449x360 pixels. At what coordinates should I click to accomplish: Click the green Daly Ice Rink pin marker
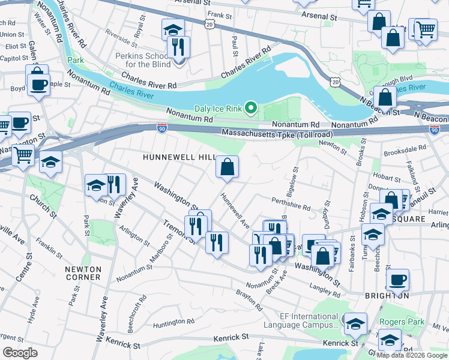tap(253, 109)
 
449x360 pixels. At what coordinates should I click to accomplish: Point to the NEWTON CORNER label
tap(83, 273)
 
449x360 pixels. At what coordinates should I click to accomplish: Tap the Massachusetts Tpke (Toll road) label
tap(277, 133)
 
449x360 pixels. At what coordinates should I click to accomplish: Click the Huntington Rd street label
tap(173, 322)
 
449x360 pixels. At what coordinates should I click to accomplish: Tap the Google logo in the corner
tap(20, 352)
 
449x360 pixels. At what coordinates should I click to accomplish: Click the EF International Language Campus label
tap(309, 321)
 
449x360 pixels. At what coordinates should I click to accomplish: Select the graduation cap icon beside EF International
tap(355, 325)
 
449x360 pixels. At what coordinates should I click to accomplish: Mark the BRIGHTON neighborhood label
tap(387, 296)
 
